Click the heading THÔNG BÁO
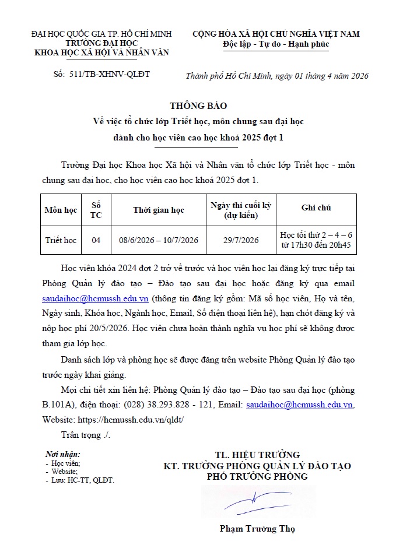[x=198, y=106]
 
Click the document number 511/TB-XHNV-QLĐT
[x=109, y=75]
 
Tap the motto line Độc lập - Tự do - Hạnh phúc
[x=276, y=44]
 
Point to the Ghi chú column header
[x=316, y=208]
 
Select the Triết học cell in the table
[x=61, y=240]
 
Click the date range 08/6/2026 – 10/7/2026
[x=159, y=240]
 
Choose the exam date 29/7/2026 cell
[x=241, y=240]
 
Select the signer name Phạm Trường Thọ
[x=257, y=529]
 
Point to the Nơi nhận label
[x=63, y=454]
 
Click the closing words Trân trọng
[x=85, y=434]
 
